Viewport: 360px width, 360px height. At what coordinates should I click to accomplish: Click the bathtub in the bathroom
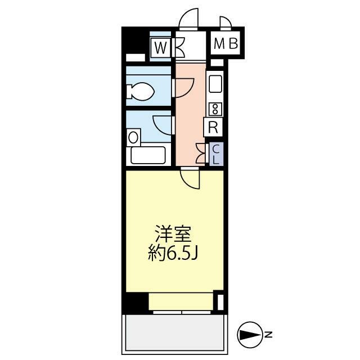(148, 155)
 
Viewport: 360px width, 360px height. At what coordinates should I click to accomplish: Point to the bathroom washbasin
(133, 137)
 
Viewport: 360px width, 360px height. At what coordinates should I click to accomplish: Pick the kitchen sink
(215, 85)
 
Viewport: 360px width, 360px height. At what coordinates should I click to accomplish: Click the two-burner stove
(215, 109)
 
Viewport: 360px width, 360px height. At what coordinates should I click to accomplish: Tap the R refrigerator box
(213, 127)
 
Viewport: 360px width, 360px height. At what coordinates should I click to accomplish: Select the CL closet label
(215, 152)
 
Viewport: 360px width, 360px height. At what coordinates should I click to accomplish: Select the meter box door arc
(226, 23)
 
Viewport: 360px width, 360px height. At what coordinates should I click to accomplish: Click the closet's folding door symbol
(201, 153)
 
